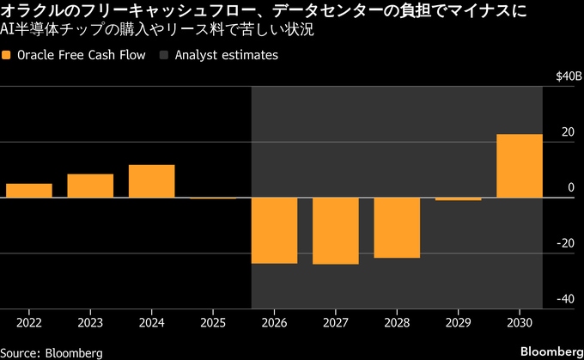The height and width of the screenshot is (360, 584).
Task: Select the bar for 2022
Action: [28, 191]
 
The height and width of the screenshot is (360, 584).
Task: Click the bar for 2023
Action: [90, 186]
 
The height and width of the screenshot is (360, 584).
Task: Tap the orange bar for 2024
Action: [151, 181]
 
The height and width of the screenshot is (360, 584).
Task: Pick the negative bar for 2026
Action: [274, 230]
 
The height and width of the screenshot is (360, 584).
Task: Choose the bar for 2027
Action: [335, 231]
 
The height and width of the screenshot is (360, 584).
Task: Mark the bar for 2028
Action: [397, 228]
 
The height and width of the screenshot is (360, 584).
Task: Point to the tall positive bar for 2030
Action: [519, 166]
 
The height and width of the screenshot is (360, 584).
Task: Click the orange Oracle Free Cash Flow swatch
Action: [8, 55]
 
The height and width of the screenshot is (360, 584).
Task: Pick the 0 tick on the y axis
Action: [570, 188]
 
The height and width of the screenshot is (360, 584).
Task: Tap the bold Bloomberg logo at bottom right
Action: [551, 351]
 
